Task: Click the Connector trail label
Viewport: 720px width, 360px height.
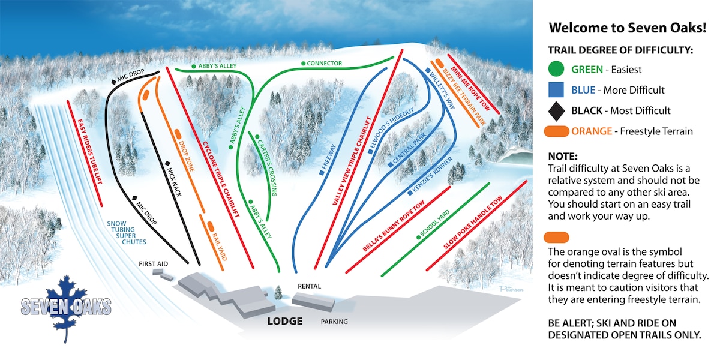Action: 325,64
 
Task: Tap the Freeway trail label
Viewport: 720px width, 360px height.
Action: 329,157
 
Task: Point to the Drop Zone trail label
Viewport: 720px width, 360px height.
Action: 187,156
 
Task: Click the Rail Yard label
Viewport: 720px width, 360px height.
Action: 220,247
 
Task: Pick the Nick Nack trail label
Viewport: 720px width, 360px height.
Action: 174,182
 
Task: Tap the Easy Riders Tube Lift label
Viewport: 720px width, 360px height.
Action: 89,151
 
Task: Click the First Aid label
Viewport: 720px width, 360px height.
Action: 154,264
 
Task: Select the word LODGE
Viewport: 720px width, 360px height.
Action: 285,321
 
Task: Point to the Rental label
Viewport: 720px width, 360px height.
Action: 309,286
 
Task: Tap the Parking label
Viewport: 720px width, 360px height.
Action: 334,322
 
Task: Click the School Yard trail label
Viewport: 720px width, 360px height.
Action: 434,223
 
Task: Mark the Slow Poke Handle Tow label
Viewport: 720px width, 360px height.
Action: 473,223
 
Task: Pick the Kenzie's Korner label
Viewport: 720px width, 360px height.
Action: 433,175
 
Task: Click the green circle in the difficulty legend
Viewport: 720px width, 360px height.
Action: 556,69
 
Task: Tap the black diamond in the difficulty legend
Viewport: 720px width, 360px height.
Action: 556,111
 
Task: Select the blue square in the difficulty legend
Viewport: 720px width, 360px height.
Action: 556,89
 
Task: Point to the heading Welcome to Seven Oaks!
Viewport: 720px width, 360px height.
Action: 628,28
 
